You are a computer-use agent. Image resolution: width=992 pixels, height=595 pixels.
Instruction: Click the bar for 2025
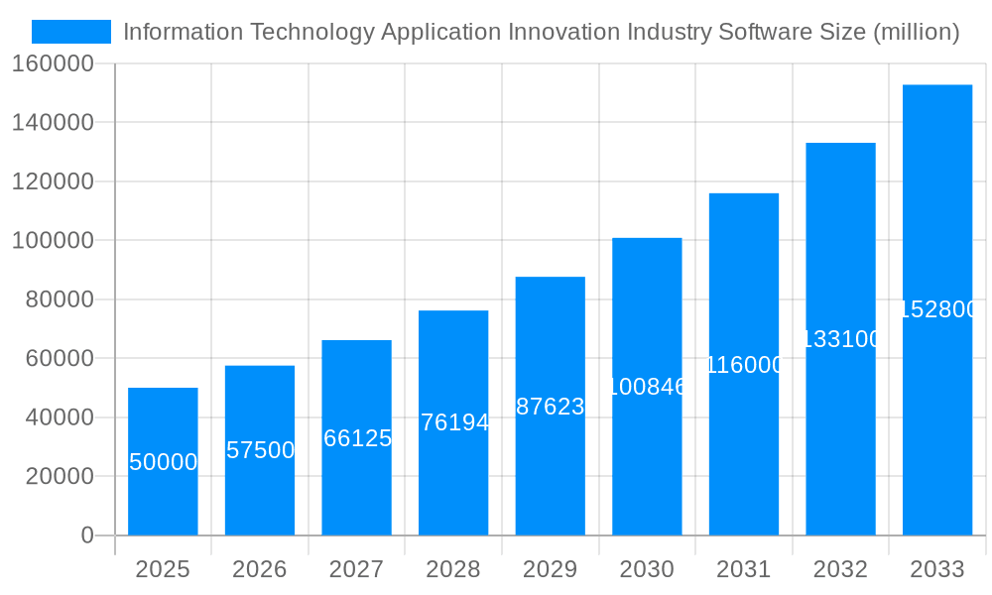[163, 461]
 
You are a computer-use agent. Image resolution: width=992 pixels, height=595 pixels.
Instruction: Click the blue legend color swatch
[71, 32]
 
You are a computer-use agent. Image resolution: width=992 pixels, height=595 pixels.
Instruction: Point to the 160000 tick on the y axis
[53, 64]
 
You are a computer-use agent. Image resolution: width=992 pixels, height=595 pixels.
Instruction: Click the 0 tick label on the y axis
[87, 535]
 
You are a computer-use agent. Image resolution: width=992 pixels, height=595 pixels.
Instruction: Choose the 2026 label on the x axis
[259, 569]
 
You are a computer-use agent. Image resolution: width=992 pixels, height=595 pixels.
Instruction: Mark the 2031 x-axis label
[743, 569]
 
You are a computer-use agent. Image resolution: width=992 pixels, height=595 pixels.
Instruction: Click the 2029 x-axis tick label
[550, 569]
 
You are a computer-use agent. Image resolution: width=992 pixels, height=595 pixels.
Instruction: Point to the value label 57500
[260, 450]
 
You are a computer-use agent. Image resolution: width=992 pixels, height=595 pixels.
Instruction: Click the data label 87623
[551, 407]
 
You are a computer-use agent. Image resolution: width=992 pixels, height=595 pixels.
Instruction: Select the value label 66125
[357, 438]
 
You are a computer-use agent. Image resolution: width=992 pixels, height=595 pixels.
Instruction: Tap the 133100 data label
[840, 339]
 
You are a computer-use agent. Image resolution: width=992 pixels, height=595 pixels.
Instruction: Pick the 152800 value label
[937, 309]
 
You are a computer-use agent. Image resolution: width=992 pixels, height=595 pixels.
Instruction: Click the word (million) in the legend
[916, 32]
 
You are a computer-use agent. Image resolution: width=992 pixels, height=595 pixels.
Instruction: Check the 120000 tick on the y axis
[53, 181]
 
